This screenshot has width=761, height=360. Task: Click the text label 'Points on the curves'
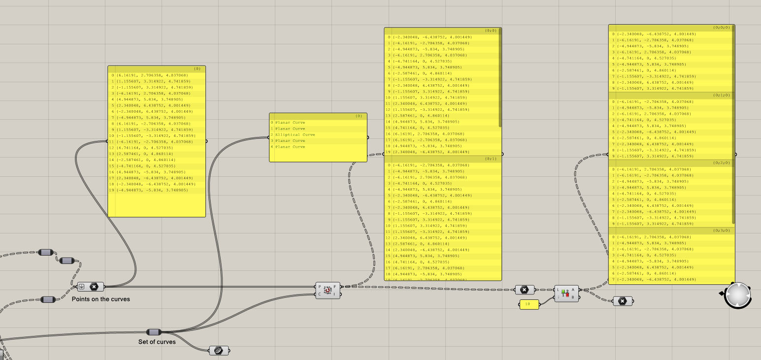click(x=100, y=299)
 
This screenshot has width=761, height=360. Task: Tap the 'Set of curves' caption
click(x=157, y=342)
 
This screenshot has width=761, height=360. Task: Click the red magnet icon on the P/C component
click(x=327, y=291)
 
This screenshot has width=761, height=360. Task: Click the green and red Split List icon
click(x=566, y=293)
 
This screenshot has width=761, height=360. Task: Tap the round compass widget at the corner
click(x=737, y=295)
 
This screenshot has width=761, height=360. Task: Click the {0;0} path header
click(x=490, y=31)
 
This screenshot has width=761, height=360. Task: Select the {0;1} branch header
click(x=490, y=159)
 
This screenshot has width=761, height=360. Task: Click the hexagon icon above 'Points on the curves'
click(x=94, y=287)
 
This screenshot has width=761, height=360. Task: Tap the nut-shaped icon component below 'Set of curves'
click(x=218, y=350)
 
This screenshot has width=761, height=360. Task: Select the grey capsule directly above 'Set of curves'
click(x=154, y=332)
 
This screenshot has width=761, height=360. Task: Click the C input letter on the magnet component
click(x=319, y=295)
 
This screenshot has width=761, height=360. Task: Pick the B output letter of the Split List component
click(x=573, y=297)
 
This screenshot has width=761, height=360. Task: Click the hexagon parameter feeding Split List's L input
click(x=525, y=290)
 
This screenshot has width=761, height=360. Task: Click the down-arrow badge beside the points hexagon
click(x=82, y=287)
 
